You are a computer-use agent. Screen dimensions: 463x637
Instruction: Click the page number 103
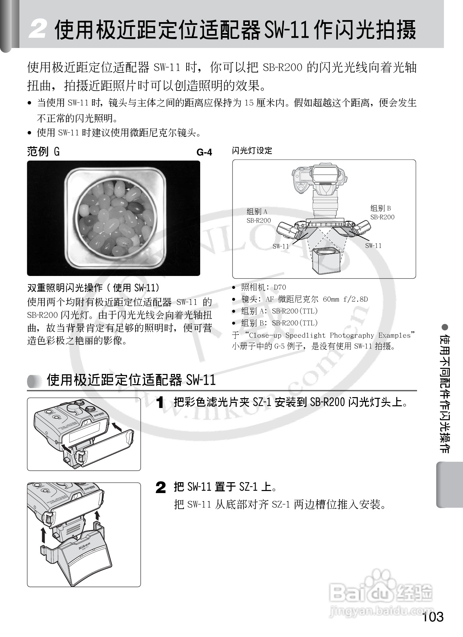(432, 617)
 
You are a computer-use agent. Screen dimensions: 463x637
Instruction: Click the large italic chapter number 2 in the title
(37, 30)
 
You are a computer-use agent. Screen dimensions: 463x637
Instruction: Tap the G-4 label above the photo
(204, 152)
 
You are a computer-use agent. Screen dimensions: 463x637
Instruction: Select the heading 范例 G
(43, 151)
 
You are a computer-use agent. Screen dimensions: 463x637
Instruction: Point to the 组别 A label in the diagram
(257, 212)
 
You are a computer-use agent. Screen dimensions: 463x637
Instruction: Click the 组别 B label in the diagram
(381, 208)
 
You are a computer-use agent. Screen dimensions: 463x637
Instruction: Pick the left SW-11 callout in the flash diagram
(281, 246)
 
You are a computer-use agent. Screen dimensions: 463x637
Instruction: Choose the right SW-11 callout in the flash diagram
(373, 246)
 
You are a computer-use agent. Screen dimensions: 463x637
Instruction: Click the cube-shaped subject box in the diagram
(326, 261)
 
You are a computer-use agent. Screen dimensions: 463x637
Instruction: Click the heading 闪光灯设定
(252, 151)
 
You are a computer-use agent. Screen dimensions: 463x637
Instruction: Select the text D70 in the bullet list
(280, 287)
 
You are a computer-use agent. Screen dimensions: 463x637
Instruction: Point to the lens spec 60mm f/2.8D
(345, 299)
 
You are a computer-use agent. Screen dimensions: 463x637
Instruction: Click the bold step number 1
(160, 403)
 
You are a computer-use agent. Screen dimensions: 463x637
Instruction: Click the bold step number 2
(161, 487)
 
